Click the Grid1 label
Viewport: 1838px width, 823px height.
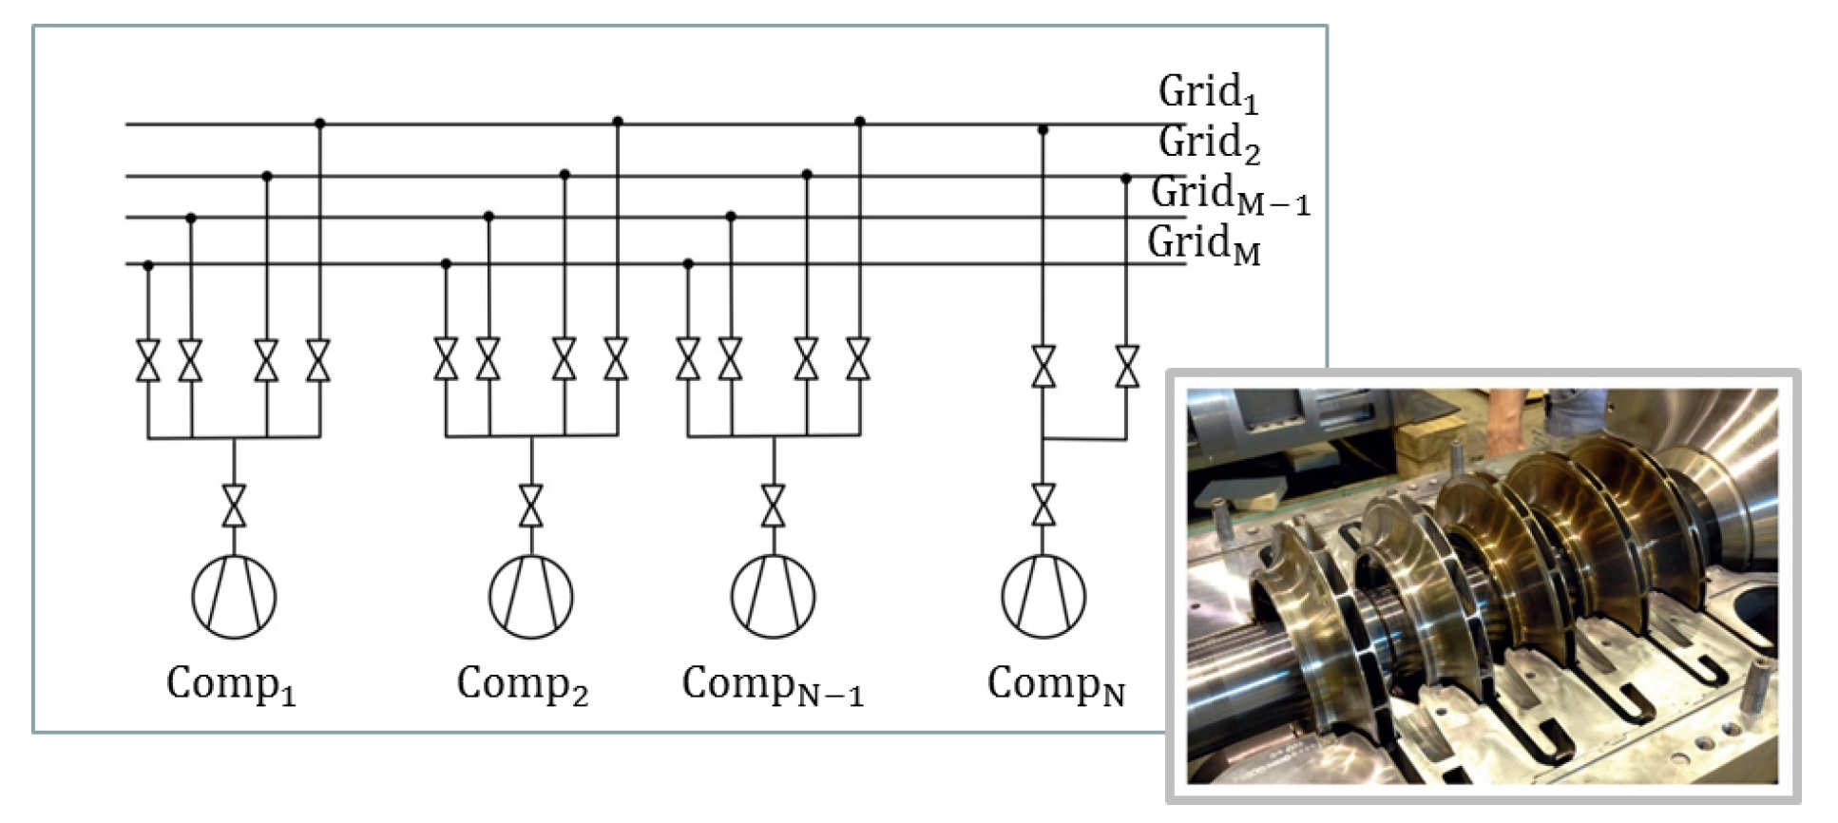pos(1207,93)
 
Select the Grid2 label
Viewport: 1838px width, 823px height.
pos(1208,144)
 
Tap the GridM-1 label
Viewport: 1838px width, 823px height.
pos(1229,195)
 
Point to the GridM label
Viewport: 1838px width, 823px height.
pos(1203,244)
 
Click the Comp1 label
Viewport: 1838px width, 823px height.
pos(231,684)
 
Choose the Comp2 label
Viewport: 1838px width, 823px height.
pos(522,684)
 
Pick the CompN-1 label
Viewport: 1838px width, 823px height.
pos(773,684)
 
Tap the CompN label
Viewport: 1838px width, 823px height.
pos(1055,684)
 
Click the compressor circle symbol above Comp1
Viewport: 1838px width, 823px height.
pos(234,596)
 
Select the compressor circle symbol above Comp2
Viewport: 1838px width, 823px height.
pos(531,596)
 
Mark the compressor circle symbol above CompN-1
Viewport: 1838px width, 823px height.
pos(773,596)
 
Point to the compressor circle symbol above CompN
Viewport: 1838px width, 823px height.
pos(1043,596)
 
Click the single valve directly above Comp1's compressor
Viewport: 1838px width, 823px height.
pos(234,506)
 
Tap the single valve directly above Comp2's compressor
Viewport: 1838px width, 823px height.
pos(531,506)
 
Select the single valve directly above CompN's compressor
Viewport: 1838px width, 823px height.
pos(1043,506)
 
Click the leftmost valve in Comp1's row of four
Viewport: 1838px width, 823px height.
pos(147,361)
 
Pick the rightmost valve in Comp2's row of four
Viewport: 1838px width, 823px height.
pos(616,359)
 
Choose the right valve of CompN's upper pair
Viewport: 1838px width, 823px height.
pos(1127,366)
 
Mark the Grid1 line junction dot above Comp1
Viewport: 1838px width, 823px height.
pos(319,124)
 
